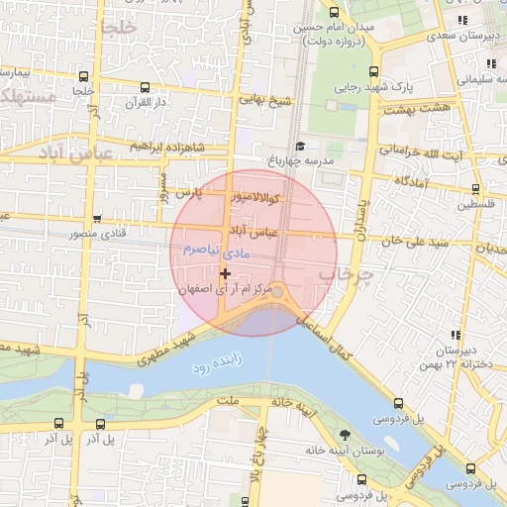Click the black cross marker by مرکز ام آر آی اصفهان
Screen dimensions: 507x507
226,273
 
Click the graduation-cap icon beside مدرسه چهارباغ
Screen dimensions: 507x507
300,146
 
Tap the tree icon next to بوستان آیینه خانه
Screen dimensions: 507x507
345,435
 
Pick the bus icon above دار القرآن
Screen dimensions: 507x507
146,87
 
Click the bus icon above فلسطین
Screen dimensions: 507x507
476,189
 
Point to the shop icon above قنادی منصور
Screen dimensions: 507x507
97,220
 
